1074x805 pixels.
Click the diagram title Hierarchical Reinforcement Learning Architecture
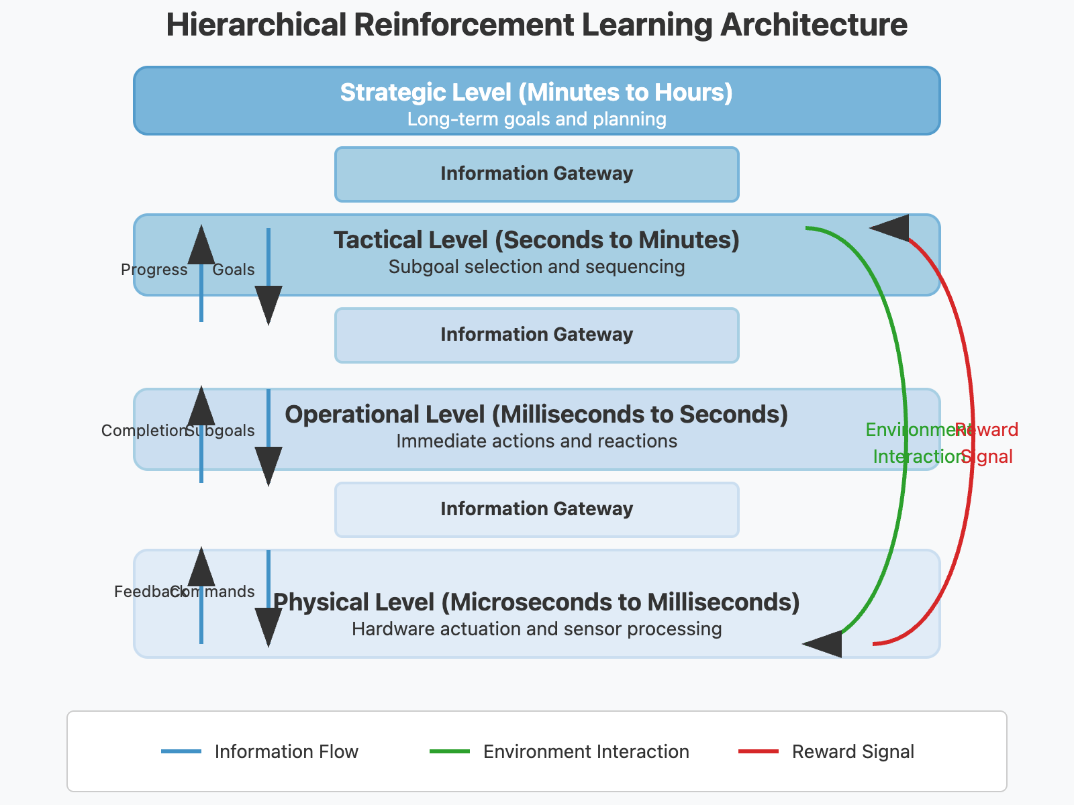[x=536, y=25]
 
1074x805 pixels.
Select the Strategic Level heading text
[x=536, y=93]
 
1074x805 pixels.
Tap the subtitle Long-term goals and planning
[x=536, y=119]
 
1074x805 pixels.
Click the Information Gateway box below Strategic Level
[x=536, y=174]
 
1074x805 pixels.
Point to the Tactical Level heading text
[x=536, y=240]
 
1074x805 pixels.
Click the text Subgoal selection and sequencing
[x=536, y=267]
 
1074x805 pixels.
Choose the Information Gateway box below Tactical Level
[x=536, y=335]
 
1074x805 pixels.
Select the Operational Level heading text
[x=536, y=415]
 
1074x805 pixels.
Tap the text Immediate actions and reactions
[x=536, y=441]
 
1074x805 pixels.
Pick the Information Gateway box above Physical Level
[x=536, y=509]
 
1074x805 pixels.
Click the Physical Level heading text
[x=536, y=602]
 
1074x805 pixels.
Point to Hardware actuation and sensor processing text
[x=536, y=629]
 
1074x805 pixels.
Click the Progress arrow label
[x=154, y=270]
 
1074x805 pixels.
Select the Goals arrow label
[x=234, y=270]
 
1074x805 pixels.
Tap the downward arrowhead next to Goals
[x=268, y=303]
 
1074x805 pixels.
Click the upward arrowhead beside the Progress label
[x=201, y=246]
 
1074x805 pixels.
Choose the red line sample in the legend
[x=758, y=751]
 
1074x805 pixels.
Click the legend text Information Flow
[x=286, y=752]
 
